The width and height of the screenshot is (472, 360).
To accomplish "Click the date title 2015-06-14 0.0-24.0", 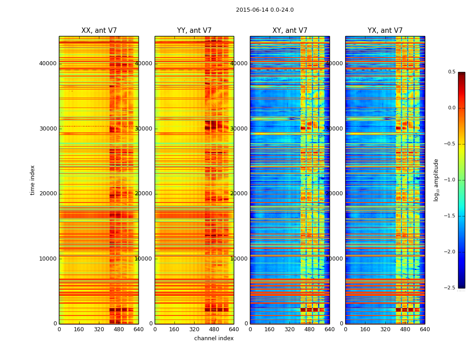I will tap(265, 10).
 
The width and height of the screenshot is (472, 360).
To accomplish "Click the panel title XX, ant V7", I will tap(99, 31).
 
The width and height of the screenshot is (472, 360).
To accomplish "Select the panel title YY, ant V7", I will tap(194, 31).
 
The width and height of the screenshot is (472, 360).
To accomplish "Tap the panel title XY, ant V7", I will tap(290, 31).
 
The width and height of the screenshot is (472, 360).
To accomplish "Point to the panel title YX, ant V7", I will tap(385, 31).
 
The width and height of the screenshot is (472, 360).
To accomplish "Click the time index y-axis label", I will tap(32, 180).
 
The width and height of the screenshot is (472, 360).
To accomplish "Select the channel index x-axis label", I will tap(214, 338).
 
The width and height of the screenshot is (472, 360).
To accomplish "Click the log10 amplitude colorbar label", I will tap(436, 180).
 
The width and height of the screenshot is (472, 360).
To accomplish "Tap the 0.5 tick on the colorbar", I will tap(451, 72).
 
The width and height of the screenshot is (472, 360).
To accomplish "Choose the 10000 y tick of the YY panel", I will tap(144, 259).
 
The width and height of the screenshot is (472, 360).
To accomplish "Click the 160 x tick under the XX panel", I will tap(79, 329).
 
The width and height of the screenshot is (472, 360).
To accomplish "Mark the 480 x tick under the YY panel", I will tap(214, 329).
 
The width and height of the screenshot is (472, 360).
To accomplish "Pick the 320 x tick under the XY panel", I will tap(290, 329).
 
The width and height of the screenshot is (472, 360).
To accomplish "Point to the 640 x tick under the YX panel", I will tap(425, 329).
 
